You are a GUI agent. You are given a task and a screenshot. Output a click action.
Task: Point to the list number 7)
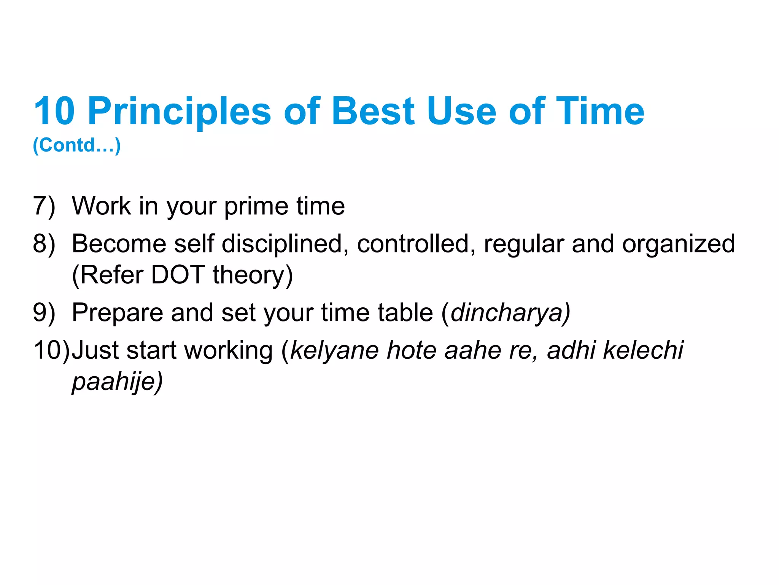[x=44, y=206]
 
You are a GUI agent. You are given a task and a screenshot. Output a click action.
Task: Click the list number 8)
[x=44, y=244]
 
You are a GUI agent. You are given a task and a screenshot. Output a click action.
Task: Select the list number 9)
[x=44, y=313]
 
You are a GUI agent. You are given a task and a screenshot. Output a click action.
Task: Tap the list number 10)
[x=51, y=350]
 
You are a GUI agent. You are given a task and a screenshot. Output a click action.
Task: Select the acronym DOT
[x=178, y=275]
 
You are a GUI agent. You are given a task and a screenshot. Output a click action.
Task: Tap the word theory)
[x=253, y=275]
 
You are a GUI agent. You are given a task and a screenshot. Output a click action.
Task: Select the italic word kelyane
[x=335, y=350]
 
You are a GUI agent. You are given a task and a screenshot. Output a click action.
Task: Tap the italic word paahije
[x=114, y=382]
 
